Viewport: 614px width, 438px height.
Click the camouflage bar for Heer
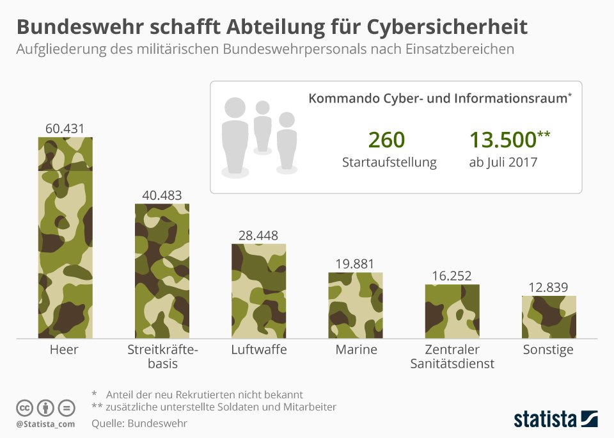click(65, 238)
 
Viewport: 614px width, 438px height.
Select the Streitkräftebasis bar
click(162, 271)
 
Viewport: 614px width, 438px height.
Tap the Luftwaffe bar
click(259, 291)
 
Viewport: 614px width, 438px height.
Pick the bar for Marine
click(356, 305)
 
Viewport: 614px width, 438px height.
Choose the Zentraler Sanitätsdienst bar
click(452, 311)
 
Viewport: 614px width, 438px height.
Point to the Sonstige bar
click(549, 317)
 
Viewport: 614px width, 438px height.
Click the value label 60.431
click(65, 129)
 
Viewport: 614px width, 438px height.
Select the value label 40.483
click(162, 195)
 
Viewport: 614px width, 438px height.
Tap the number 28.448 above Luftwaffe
click(258, 235)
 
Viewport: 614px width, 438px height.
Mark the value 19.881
click(355, 264)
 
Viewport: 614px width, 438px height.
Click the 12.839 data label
click(548, 288)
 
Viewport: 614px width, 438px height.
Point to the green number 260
click(386, 140)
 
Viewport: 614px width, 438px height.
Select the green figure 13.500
click(503, 140)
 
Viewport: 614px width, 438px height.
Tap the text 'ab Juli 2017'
click(503, 163)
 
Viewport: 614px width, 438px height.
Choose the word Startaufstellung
click(390, 163)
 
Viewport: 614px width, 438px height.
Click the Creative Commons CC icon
click(24, 408)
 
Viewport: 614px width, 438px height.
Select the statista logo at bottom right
click(556, 419)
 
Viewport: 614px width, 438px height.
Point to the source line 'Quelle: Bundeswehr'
click(139, 423)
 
